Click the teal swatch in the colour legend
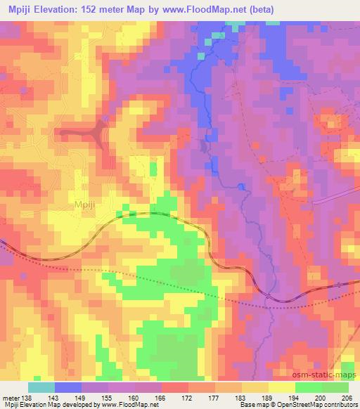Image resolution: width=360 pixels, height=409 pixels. [41, 387]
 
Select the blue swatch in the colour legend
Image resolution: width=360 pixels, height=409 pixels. [68, 387]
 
